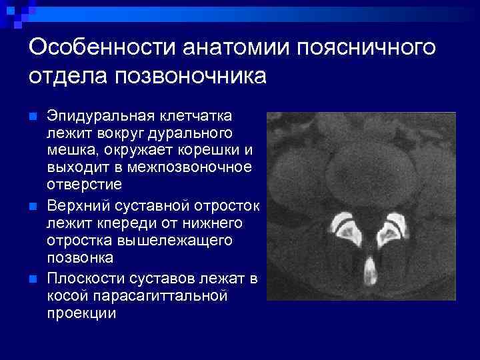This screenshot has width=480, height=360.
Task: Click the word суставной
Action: click(146, 205)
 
